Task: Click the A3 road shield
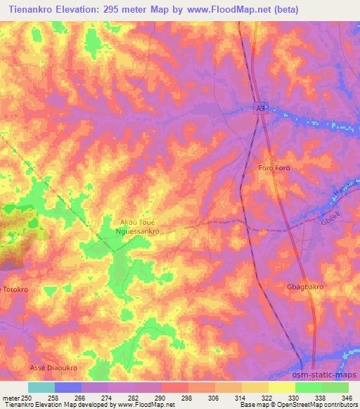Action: click(x=261, y=108)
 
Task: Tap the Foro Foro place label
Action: click(x=274, y=168)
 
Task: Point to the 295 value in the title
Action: click(x=117, y=10)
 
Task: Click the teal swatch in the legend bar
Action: click(x=41, y=387)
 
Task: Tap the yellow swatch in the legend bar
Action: click(x=282, y=387)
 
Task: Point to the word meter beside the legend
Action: click(x=10, y=398)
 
